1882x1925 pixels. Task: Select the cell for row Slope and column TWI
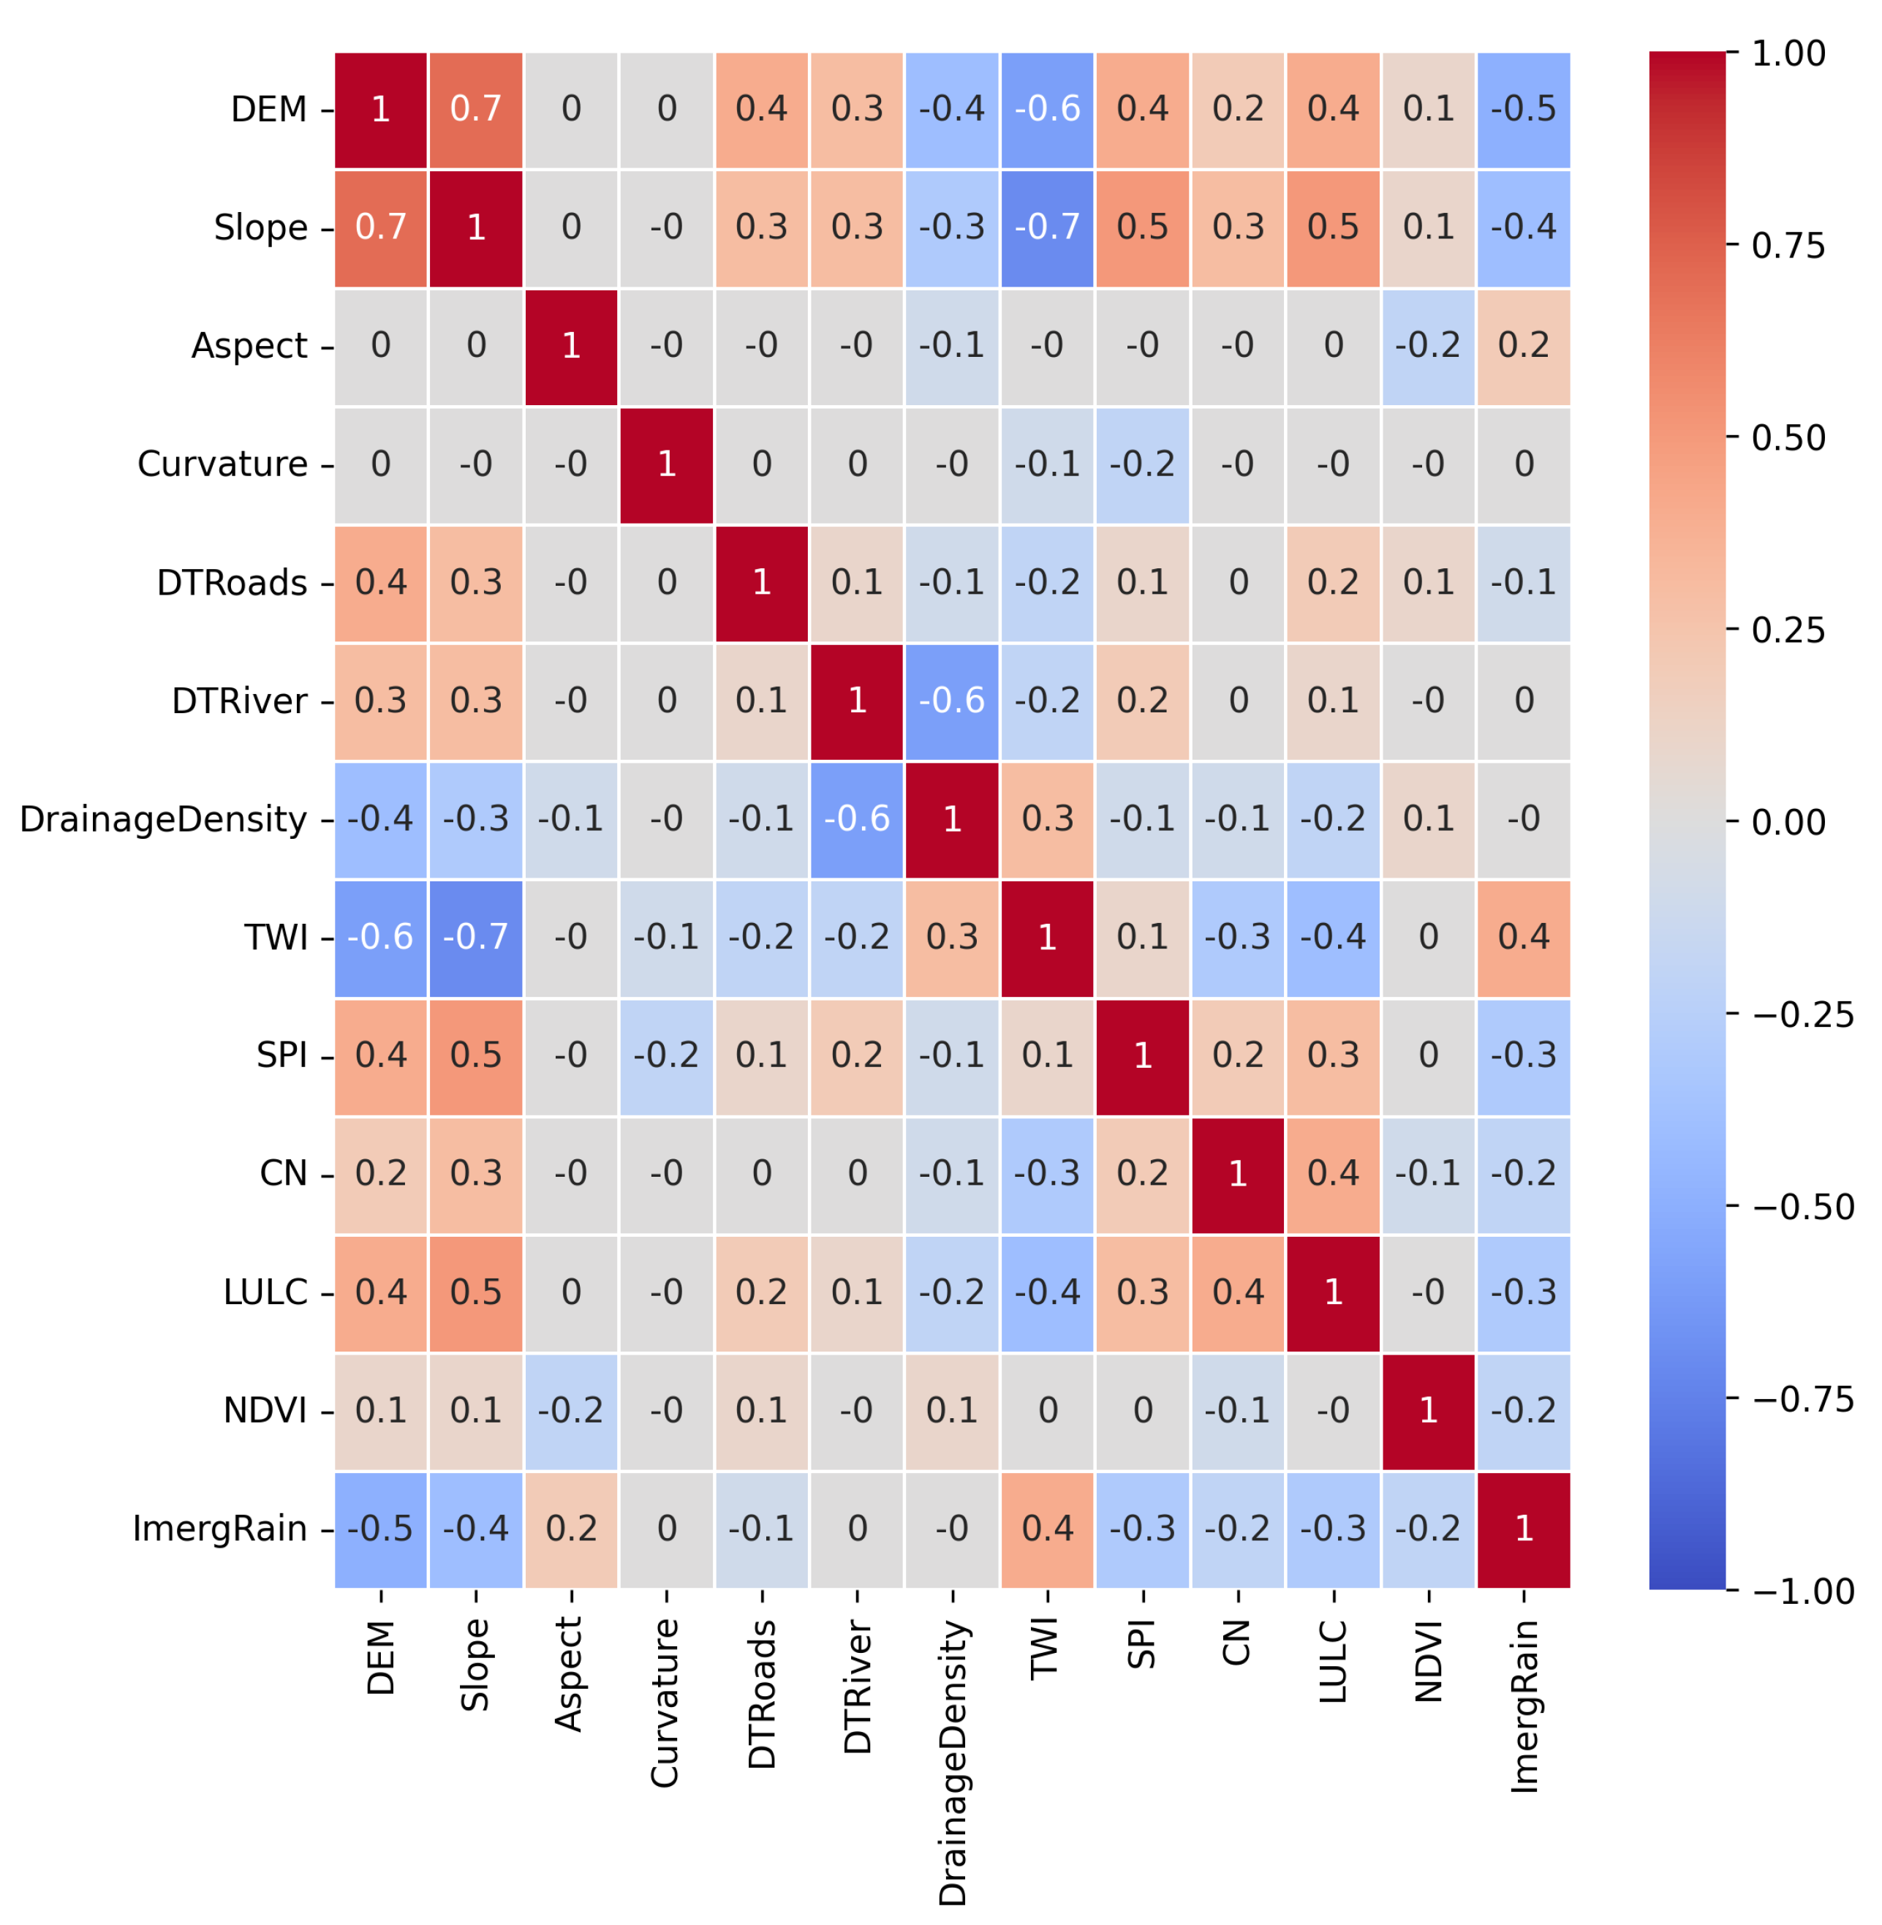[1047, 227]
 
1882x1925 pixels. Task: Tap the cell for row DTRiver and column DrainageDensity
[952, 701]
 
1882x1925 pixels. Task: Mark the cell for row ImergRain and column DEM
[380, 1529]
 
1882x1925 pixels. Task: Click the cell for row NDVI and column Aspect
[570, 1410]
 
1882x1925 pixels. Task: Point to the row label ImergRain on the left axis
[219, 1529]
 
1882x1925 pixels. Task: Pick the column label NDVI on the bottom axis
[1428, 1661]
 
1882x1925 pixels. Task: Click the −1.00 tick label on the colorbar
[1802, 1591]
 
